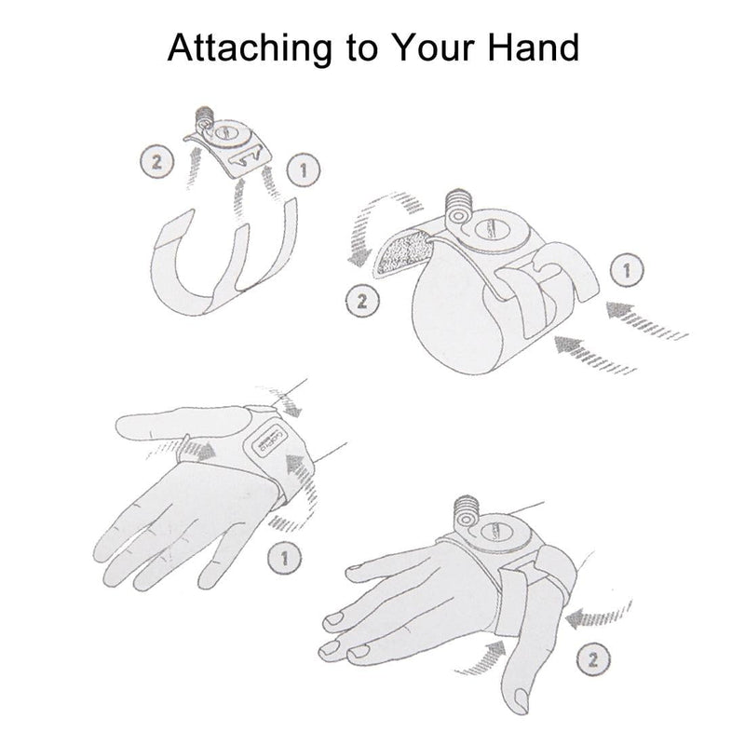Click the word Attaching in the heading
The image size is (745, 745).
(250, 48)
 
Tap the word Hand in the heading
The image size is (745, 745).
(534, 47)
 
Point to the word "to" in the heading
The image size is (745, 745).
(362, 49)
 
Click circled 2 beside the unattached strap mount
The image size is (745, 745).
(156, 161)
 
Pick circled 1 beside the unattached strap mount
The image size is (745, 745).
(305, 169)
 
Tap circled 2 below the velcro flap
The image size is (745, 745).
(362, 301)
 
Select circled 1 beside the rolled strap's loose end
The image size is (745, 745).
(627, 270)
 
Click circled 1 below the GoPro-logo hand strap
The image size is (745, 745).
(285, 558)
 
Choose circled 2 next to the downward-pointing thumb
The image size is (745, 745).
(593, 659)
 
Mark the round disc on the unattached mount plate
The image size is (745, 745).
(228, 134)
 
